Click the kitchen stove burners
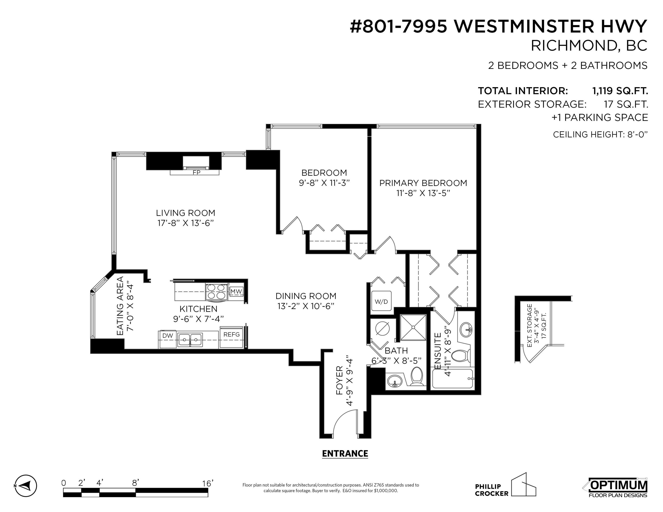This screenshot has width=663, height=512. tap(216, 292)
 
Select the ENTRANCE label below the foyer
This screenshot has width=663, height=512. tap(345, 454)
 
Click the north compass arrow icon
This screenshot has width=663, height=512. tap(26, 486)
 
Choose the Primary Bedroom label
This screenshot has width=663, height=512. tap(423, 183)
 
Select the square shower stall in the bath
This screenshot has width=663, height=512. tap(413, 328)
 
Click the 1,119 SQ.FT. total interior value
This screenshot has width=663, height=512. tap(620, 91)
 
